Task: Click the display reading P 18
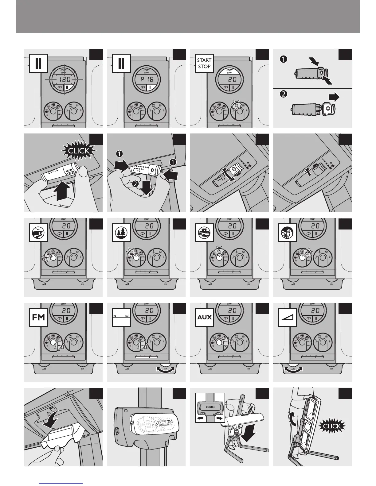coord(146,79)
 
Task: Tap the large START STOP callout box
coord(204,64)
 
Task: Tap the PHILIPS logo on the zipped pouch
coord(163,423)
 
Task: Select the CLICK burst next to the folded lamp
coord(332,426)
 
